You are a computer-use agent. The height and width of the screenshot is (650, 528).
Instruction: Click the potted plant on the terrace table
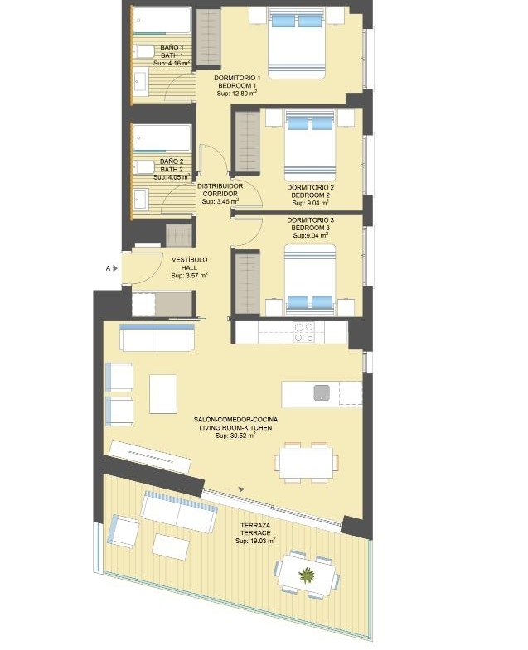[307, 575]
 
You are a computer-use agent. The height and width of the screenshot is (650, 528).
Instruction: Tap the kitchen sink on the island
[322, 392]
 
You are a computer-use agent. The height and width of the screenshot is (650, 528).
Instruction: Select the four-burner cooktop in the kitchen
[303, 332]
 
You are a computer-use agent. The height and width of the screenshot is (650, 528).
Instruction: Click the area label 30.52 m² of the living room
[235, 436]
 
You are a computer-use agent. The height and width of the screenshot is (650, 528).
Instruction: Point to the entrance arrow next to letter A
[115, 268]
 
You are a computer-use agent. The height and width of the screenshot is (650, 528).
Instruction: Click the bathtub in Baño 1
[162, 20]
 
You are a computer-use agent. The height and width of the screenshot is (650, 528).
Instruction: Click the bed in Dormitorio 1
[296, 43]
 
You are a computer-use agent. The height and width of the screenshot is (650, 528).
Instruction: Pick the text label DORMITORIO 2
[311, 187]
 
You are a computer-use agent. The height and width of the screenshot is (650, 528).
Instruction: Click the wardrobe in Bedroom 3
[247, 282]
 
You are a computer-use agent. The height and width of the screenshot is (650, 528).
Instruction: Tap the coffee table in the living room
[163, 394]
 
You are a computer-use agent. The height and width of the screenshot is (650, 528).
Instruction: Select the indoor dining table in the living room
[306, 462]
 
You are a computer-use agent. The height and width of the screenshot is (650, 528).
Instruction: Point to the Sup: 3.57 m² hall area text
[189, 275]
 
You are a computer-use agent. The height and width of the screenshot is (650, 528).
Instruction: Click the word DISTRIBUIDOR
[220, 186]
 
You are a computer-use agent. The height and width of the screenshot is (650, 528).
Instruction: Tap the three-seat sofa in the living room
[157, 338]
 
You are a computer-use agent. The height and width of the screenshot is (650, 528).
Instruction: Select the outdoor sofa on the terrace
[179, 512]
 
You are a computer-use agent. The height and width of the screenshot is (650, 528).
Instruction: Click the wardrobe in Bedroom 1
[208, 37]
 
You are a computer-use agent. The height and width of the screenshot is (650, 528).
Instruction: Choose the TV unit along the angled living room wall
[151, 457]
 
